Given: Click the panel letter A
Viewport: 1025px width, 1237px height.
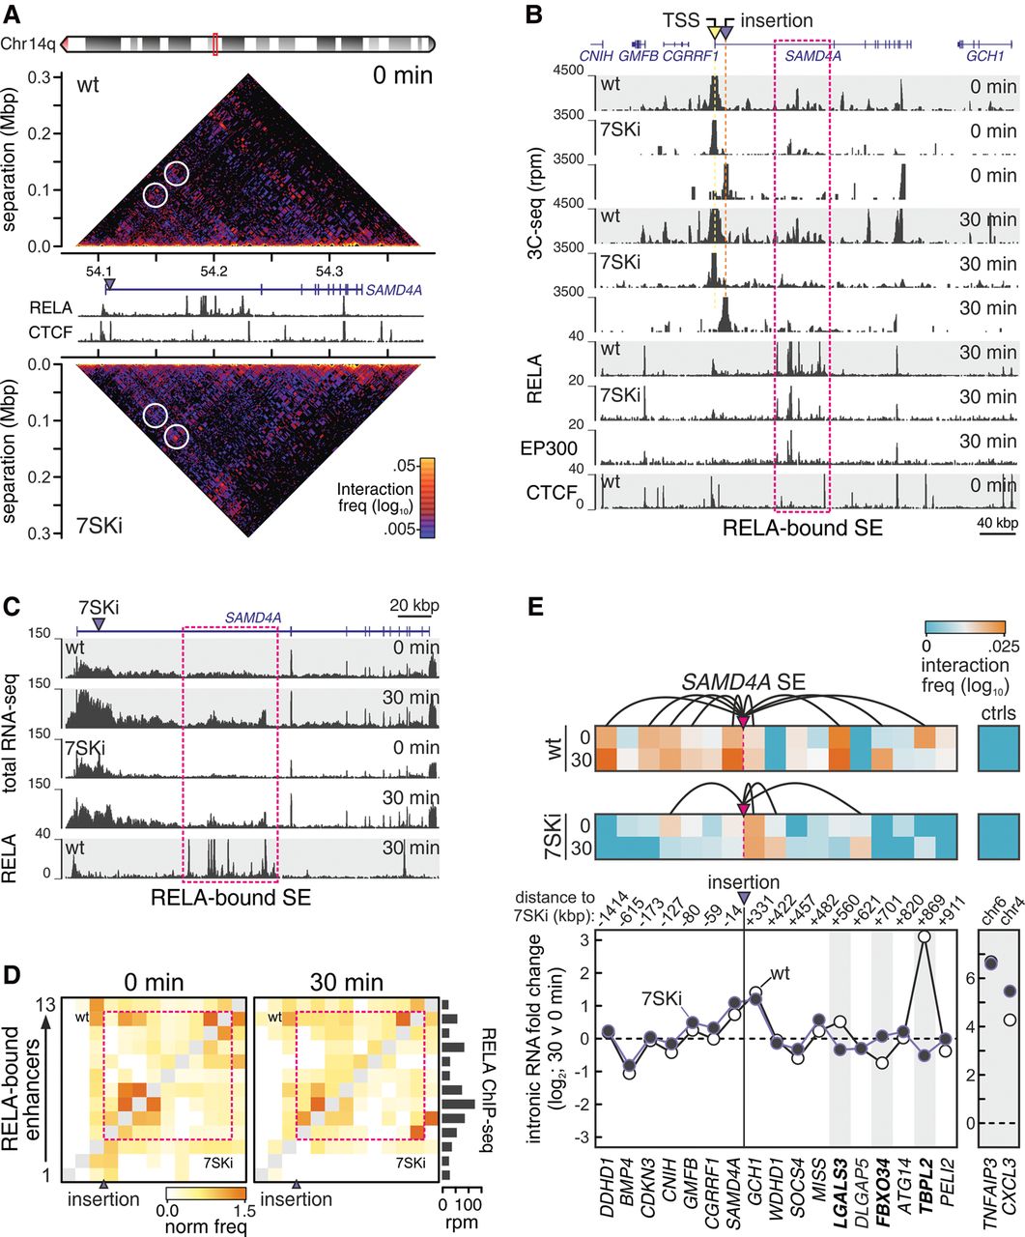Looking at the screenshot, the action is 12,14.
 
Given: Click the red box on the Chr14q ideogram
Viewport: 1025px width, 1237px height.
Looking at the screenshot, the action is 214,43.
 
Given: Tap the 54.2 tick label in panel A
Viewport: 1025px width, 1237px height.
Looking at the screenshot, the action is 214,272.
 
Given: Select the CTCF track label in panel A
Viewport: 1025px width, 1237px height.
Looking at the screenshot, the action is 50,332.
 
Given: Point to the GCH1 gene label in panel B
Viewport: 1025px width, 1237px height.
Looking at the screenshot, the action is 985,56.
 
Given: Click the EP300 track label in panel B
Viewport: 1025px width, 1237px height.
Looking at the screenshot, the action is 549,448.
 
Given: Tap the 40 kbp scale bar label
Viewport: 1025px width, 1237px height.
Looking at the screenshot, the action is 998,523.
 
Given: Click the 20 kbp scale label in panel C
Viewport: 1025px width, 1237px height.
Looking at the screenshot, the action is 414,606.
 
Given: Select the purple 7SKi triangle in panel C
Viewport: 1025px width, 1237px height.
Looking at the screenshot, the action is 99,624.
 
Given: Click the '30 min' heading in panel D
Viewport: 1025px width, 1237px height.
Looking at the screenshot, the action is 347,983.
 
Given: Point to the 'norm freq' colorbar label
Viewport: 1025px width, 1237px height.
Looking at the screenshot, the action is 205,1225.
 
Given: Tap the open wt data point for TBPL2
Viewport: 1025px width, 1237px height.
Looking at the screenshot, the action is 924,937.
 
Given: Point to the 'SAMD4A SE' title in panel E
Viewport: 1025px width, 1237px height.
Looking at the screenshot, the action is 743,682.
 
